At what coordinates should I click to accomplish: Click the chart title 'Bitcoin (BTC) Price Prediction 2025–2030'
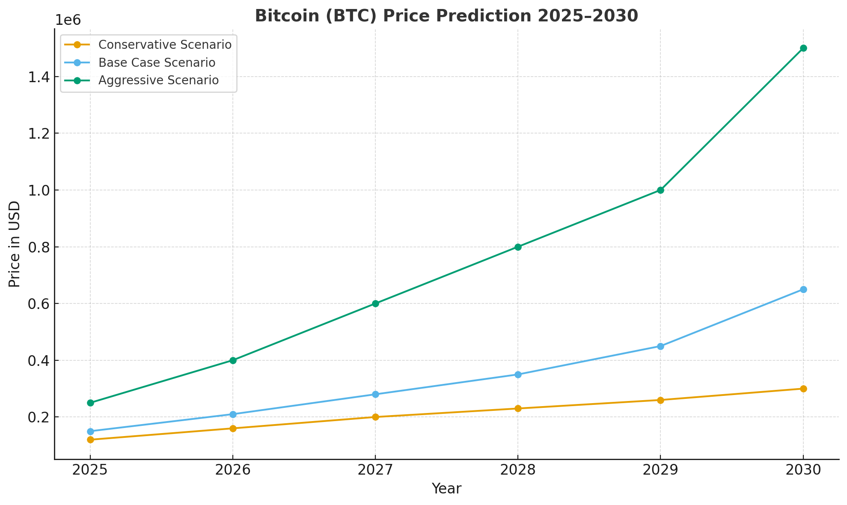click(446, 16)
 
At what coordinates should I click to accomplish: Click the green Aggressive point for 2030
click(803, 48)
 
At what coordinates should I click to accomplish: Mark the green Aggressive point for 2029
click(660, 190)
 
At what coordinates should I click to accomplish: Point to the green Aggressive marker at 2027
click(375, 303)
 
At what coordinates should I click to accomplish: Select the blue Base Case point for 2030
click(803, 289)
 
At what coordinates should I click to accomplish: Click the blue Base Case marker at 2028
click(518, 374)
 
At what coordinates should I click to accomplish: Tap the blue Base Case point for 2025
click(90, 431)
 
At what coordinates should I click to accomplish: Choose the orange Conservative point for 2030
click(803, 389)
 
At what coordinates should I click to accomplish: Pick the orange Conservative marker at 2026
click(233, 428)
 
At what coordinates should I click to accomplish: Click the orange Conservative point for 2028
click(518, 408)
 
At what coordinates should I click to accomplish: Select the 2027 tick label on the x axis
click(375, 470)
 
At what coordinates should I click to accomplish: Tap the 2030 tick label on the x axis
click(803, 470)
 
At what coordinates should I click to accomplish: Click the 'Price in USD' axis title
click(15, 244)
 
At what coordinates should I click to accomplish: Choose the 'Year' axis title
click(446, 489)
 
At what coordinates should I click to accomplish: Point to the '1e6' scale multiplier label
click(68, 20)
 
